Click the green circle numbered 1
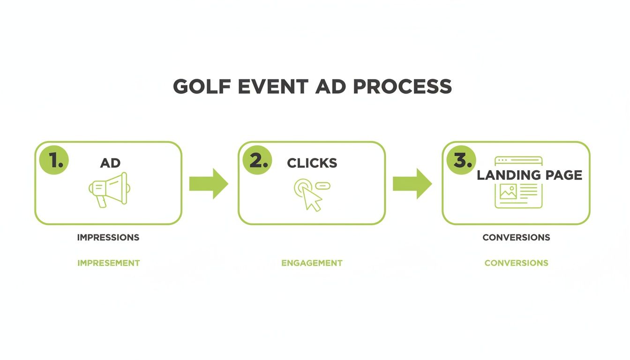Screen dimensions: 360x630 54,160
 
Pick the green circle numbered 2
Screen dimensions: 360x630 257,160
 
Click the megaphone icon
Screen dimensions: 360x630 110,189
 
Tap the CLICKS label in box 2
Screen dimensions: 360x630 312,163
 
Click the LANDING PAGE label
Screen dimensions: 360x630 529,175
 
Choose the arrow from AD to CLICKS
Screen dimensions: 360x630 209,183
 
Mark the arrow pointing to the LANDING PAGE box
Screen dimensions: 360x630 412,183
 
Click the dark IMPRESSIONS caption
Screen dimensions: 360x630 108,237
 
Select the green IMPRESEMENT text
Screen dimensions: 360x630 109,263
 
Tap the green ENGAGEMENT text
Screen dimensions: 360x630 312,263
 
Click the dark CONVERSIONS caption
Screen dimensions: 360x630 516,237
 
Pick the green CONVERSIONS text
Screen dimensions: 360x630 516,263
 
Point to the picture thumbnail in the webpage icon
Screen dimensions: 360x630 508,192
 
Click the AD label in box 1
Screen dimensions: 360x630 110,163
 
